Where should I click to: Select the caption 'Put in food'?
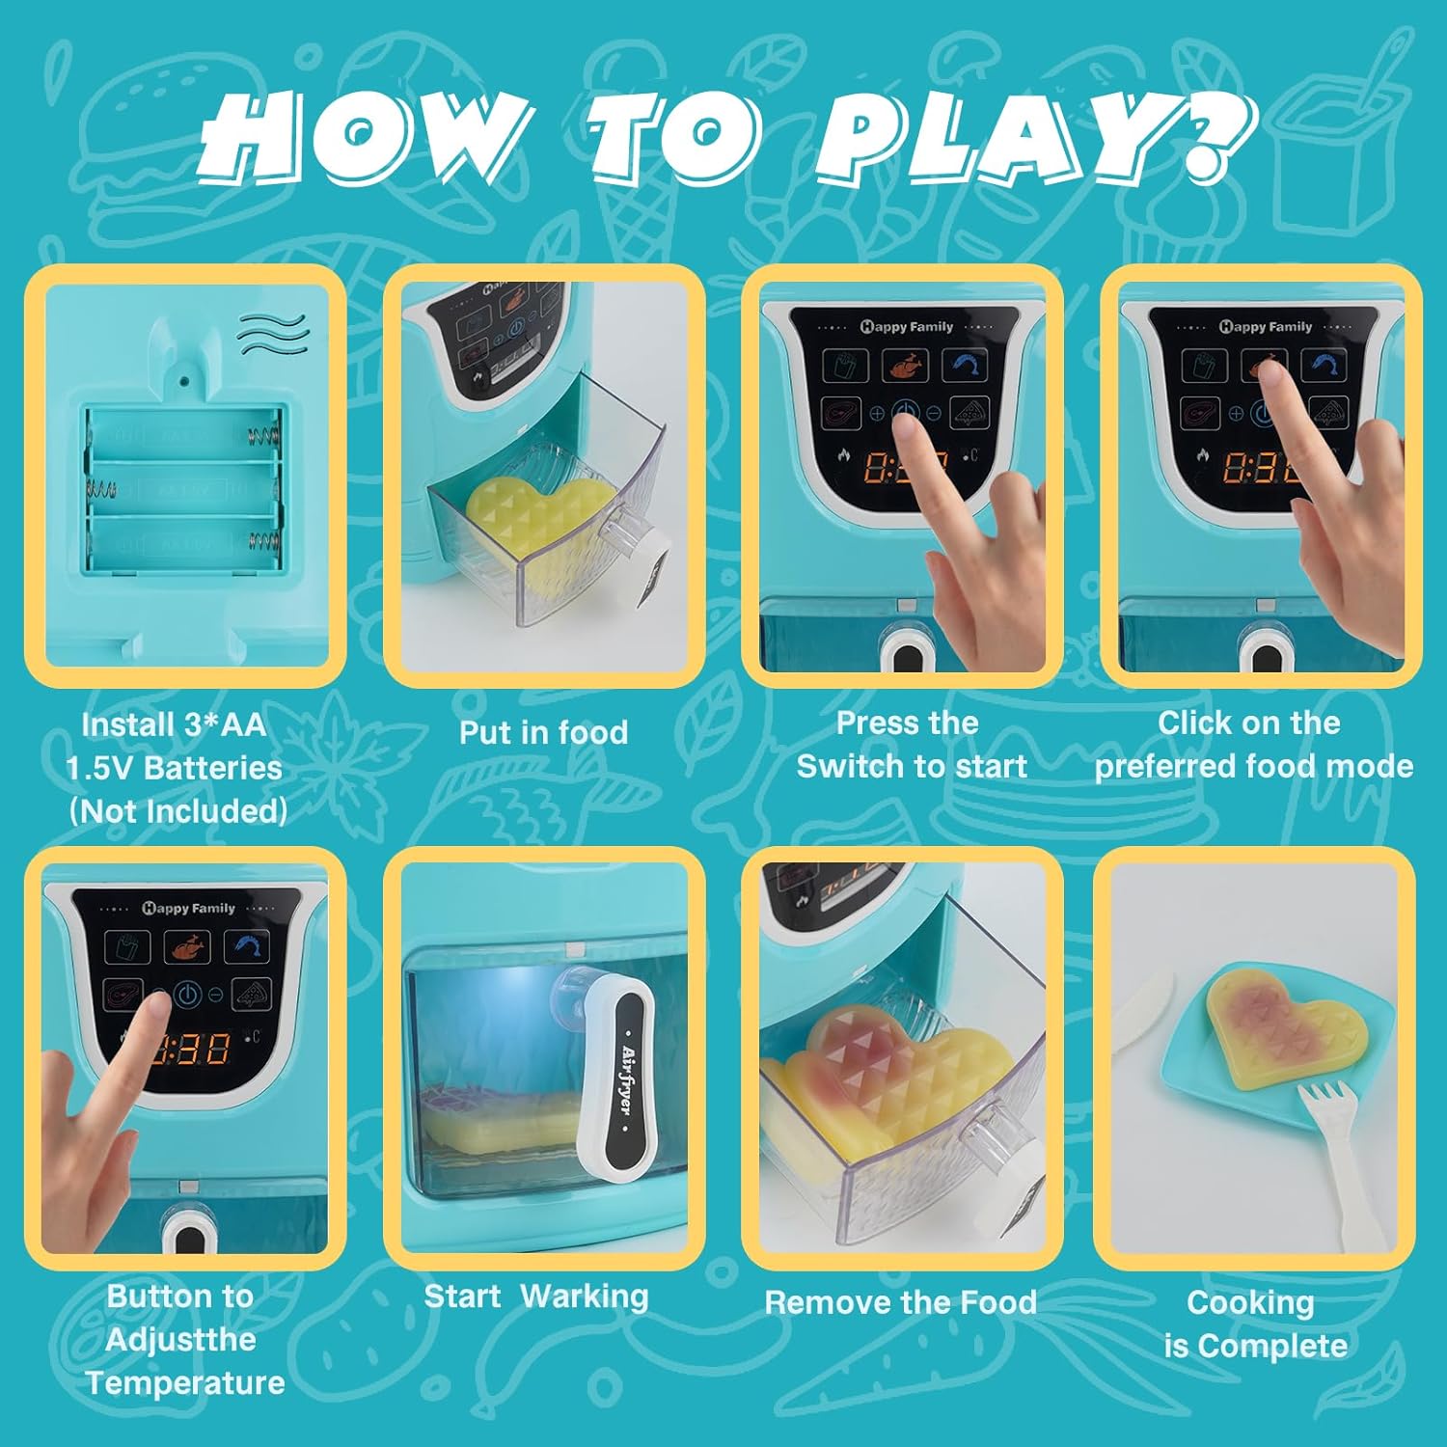543,732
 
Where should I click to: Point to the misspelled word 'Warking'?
585,1297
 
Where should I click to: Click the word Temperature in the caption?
185,1383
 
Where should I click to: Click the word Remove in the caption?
819,1302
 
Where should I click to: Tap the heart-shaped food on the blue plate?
1288,1029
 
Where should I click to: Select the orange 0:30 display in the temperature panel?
191,1049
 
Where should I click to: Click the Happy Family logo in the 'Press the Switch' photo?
906,326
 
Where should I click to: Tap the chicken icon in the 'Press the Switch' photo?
904,367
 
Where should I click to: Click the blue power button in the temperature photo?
188,994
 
